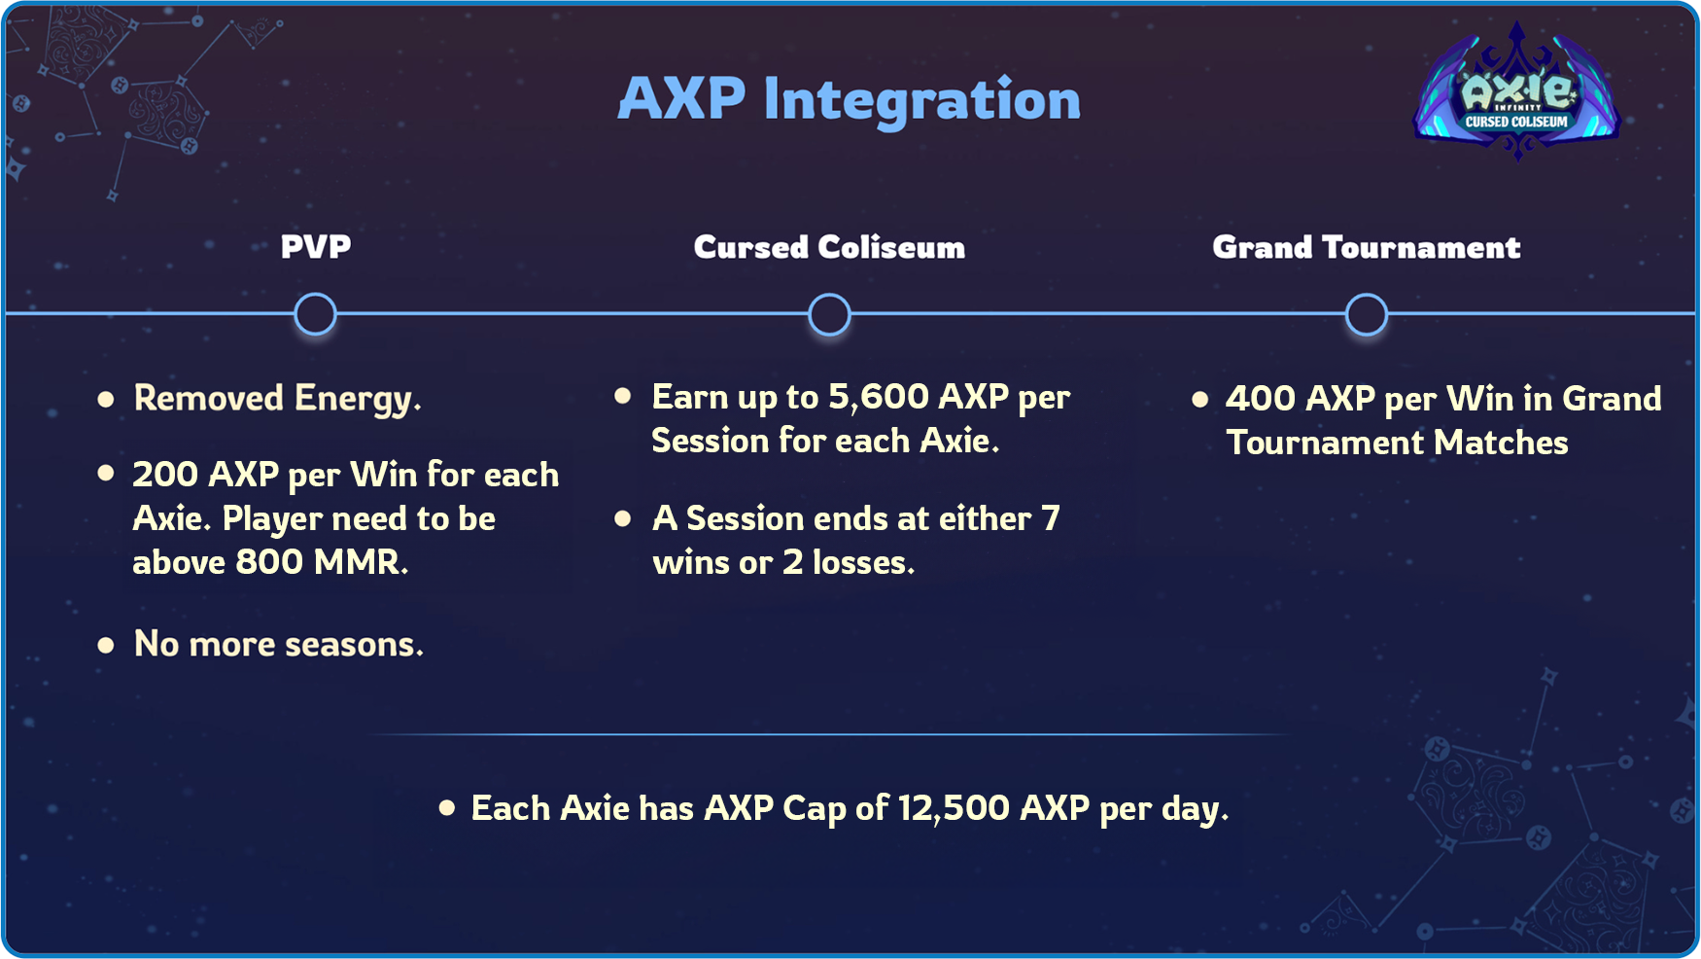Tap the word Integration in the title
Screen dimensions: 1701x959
[921, 100]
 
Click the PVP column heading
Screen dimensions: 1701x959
[316, 247]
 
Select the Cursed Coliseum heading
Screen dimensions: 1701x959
[829, 247]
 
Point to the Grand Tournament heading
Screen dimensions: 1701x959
[1366, 247]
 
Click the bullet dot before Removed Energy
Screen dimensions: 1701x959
[106, 399]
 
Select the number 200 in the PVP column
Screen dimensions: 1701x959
[165, 475]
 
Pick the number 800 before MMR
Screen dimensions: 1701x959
[269, 562]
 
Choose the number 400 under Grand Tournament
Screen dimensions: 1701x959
[1260, 399]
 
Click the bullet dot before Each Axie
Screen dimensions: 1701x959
[447, 807]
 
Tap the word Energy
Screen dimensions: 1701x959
[358, 400]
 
